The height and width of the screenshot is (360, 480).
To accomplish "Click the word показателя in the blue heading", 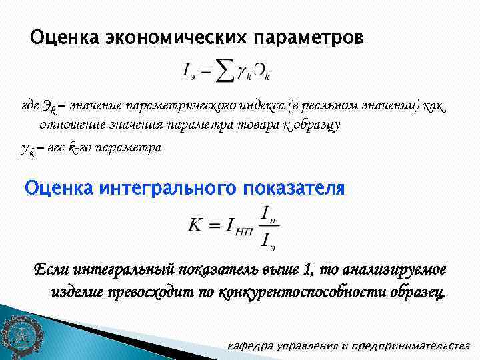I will [x=291, y=189].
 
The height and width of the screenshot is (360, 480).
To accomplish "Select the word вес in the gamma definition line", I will [x=56, y=148].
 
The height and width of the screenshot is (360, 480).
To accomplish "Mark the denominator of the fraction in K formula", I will [x=269, y=239].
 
